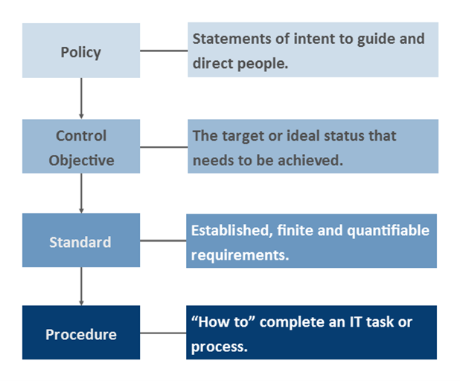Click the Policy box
point(80,51)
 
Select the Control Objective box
point(80,147)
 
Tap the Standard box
point(80,241)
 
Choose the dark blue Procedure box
point(80,333)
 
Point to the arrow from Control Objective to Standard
point(80,193)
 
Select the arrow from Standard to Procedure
point(80,286)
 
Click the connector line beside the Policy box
point(163,51)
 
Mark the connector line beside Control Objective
point(163,147)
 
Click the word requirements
point(235,254)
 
